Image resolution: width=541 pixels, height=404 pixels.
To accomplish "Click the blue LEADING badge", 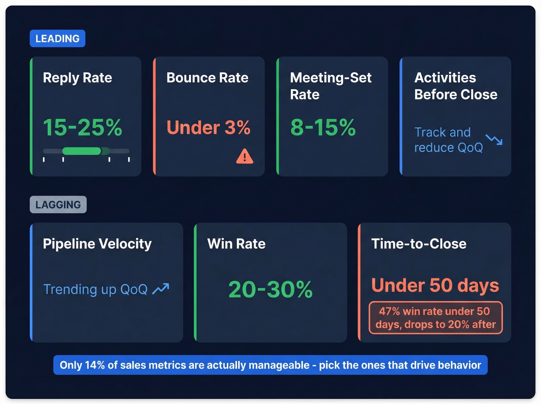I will pyautogui.click(x=57, y=39).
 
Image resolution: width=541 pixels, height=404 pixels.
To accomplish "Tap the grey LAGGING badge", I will pyautogui.click(x=58, y=205).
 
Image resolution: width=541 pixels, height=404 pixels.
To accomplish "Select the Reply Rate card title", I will pyautogui.click(x=77, y=78).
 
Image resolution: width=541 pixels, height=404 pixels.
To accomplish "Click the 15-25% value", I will pyautogui.click(x=82, y=128).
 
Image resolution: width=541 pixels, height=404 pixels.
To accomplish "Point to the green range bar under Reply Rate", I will pyautogui.click(x=82, y=151).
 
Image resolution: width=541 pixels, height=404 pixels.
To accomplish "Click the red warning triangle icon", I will pyautogui.click(x=245, y=157).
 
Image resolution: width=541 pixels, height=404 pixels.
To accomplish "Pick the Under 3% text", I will pyautogui.click(x=208, y=128).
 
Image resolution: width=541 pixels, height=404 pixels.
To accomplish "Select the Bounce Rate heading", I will pyautogui.click(x=207, y=78).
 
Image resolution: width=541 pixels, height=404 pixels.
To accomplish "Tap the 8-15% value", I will pyautogui.click(x=323, y=128).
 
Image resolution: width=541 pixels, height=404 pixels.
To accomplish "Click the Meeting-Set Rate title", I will pyautogui.click(x=330, y=86).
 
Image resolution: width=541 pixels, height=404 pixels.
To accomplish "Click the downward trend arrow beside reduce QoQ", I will pyautogui.click(x=494, y=140).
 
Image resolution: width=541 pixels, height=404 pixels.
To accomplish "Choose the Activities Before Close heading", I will pyautogui.click(x=456, y=86).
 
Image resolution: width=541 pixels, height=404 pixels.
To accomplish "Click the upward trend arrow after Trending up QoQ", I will pyautogui.click(x=161, y=288).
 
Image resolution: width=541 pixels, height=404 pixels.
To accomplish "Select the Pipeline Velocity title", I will pyautogui.click(x=97, y=244).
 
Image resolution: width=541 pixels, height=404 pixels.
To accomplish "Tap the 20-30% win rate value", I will pyautogui.click(x=270, y=289).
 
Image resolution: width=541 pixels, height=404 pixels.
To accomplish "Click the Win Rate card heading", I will pyautogui.click(x=236, y=244).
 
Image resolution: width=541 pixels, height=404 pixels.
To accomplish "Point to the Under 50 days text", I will pyautogui.click(x=435, y=285).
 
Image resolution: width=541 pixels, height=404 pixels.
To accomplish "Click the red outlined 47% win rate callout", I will pyautogui.click(x=436, y=318).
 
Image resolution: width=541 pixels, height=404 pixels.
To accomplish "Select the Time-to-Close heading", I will pyautogui.click(x=419, y=244).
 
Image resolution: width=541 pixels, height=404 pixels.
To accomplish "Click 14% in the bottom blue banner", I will pyautogui.click(x=95, y=365).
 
